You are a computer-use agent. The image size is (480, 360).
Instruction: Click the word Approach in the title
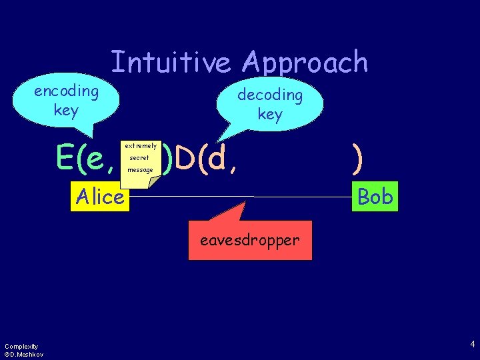coord(305,63)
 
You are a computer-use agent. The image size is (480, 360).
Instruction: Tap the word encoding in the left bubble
coord(66,91)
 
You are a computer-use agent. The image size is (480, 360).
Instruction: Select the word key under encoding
coord(66,110)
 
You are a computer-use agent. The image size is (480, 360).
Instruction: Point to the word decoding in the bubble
coord(270,95)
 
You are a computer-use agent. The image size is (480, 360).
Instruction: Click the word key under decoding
coord(270,114)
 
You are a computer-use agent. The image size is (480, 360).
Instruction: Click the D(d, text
coord(201,159)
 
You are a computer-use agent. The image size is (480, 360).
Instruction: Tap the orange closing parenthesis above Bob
coord(359,158)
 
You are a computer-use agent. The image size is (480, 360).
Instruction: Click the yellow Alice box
coord(100,197)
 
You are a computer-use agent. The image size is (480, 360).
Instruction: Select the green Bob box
coord(375,196)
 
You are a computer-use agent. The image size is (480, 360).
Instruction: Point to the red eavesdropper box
coord(250,240)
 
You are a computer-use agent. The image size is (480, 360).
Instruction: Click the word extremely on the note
coord(141,145)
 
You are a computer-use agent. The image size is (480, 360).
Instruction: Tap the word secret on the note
coord(139,158)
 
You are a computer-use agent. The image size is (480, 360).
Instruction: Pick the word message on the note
coord(139,170)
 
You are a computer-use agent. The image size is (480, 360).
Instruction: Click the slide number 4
coord(473,345)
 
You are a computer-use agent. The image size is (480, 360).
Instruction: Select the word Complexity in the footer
coord(21,346)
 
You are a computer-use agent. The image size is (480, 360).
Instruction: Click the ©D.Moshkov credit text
coord(24,354)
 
